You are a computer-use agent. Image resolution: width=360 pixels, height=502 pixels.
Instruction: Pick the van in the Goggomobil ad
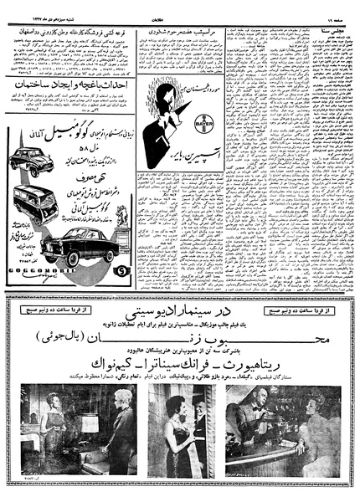(35, 202)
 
